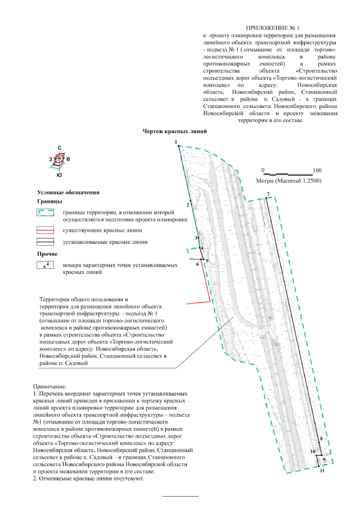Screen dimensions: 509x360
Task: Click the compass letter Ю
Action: (x=60, y=176)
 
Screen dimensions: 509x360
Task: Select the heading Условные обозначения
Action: (x=68, y=192)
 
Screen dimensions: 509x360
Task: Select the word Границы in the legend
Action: (x=49, y=201)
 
